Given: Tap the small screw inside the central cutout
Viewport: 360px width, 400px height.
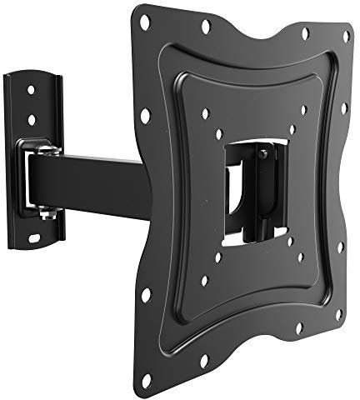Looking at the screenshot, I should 263,153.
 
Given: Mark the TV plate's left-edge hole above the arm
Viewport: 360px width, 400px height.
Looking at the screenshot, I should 145,114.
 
